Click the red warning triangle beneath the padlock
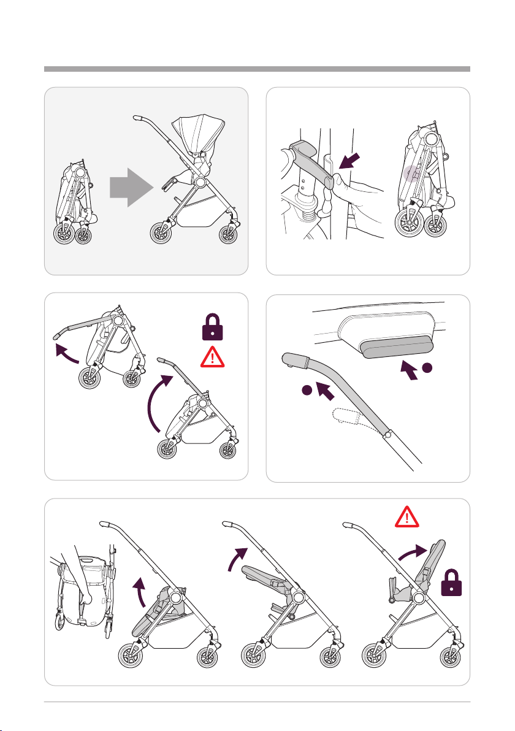[x=212, y=354]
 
